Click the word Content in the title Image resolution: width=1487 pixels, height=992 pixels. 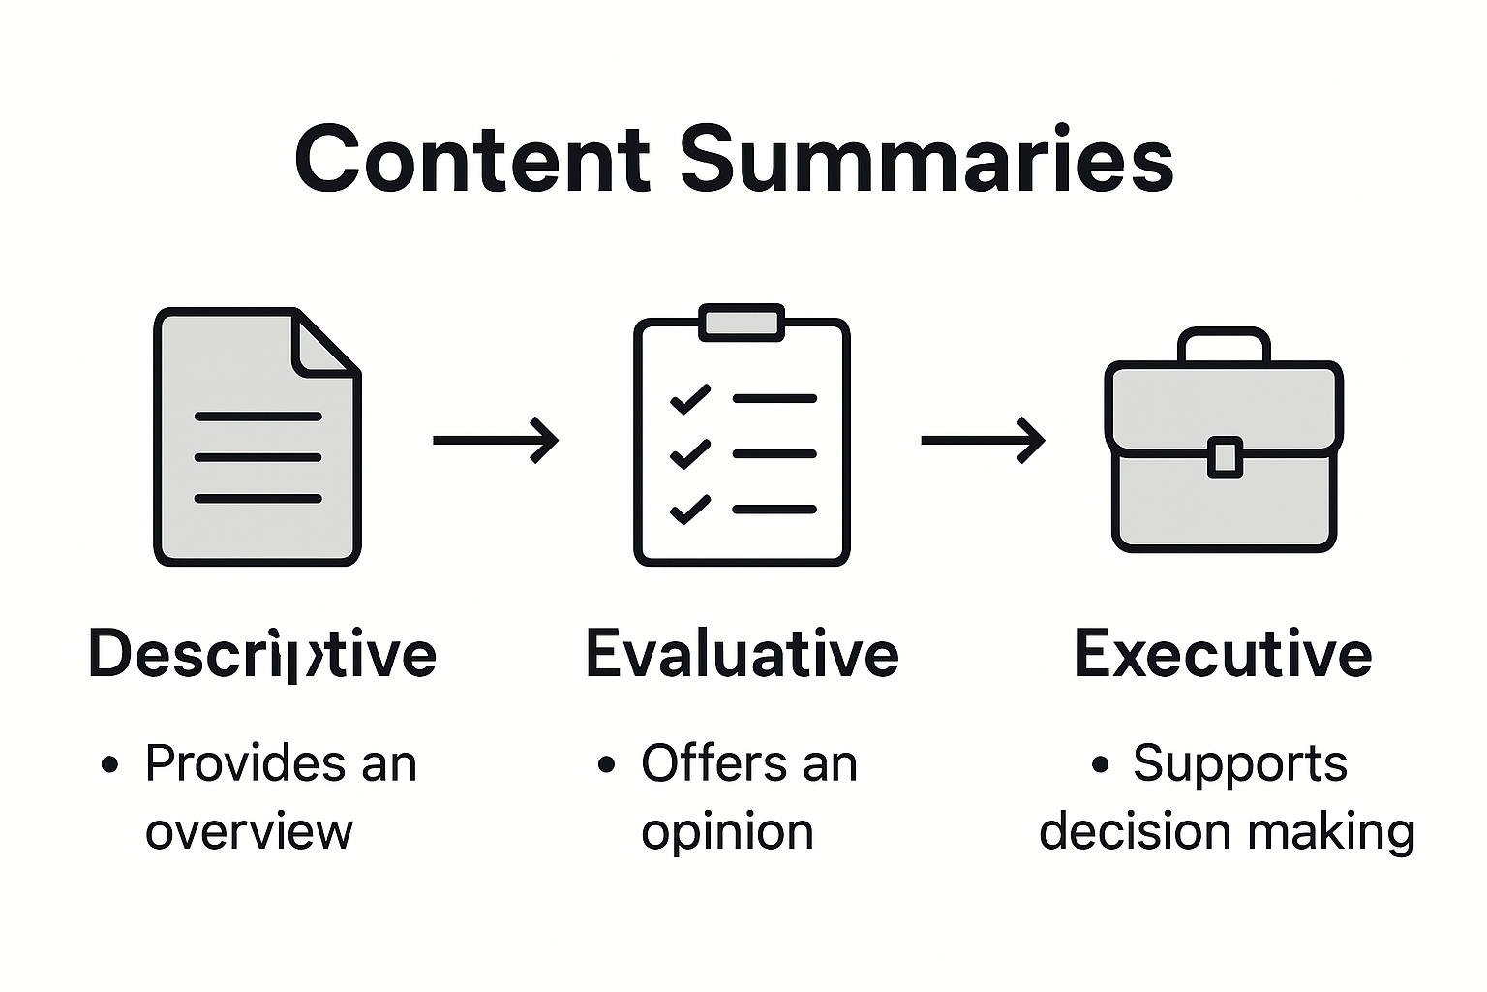pyautogui.click(x=471, y=159)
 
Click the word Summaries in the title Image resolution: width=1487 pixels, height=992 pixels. pyautogui.click(x=926, y=159)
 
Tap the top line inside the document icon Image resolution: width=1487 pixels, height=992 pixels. pyautogui.click(x=258, y=417)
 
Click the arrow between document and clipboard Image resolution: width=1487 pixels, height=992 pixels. pyautogui.click(x=495, y=440)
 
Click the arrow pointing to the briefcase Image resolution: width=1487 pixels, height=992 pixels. pyautogui.click(x=983, y=440)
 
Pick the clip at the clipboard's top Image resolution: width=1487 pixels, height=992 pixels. pyautogui.click(x=742, y=323)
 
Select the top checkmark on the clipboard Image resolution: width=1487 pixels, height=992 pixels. pyautogui.click(x=690, y=399)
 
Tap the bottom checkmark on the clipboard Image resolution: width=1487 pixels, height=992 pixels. pyautogui.click(x=690, y=509)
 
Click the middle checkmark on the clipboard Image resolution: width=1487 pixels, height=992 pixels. pyautogui.click(x=690, y=453)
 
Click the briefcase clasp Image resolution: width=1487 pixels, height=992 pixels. pyautogui.click(x=1225, y=456)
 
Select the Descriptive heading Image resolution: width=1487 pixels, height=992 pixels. pyautogui.click(x=262, y=654)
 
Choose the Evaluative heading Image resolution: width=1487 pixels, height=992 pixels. pyautogui.click(x=743, y=654)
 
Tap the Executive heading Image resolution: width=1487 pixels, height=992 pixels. pyautogui.click(x=1223, y=654)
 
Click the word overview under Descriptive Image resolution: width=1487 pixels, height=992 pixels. pyautogui.click(x=249, y=832)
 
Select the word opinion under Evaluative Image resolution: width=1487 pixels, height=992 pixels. pyautogui.click(x=727, y=832)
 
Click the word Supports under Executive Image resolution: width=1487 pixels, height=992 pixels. pyautogui.click(x=1240, y=763)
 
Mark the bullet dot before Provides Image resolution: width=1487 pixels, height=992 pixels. pyautogui.click(x=110, y=765)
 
